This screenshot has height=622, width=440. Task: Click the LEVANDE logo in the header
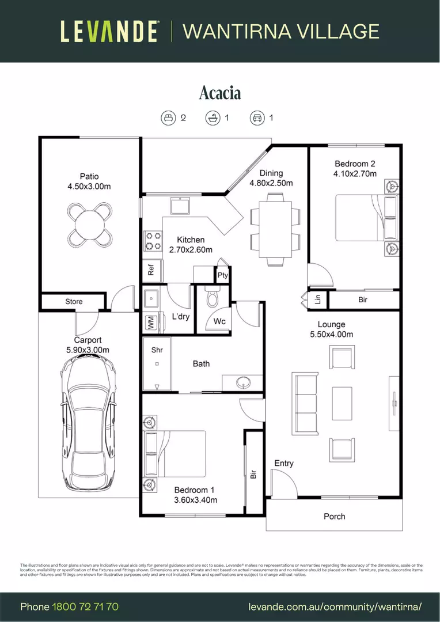click(x=109, y=31)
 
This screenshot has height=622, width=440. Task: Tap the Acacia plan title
click(x=220, y=93)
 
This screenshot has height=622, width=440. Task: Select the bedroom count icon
click(x=168, y=118)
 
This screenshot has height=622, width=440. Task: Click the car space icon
click(x=256, y=118)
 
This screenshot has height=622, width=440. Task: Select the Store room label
click(x=74, y=301)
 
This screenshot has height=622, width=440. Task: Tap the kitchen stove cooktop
click(x=152, y=241)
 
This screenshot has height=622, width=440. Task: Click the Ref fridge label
click(x=151, y=270)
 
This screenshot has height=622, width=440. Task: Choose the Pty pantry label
click(x=223, y=276)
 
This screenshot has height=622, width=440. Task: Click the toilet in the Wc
click(x=212, y=298)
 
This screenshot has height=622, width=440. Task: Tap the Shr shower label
click(x=157, y=350)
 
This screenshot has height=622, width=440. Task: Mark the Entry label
click(x=284, y=463)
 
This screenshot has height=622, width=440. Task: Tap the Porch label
click(x=334, y=516)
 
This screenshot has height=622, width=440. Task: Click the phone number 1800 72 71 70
click(x=85, y=607)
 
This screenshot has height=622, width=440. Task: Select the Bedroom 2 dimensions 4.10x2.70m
click(x=355, y=173)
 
